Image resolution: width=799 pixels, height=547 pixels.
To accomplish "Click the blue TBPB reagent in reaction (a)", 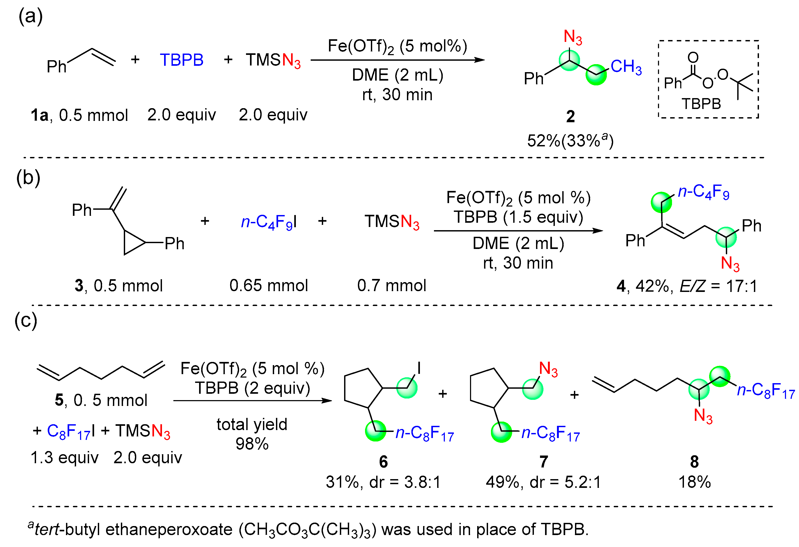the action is (x=182, y=60).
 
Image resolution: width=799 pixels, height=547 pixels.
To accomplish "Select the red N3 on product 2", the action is (x=572, y=37).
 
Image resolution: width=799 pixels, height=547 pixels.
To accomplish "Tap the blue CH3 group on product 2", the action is (x=626, y=67).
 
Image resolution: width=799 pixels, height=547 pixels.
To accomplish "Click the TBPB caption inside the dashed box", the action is (x=701, y=104).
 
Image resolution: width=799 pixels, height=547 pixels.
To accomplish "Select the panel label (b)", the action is (x=28, y=178).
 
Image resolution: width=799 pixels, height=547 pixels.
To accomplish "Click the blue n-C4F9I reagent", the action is (x=269, y=222).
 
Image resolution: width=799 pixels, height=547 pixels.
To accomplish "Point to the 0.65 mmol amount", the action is (x=269, y=285).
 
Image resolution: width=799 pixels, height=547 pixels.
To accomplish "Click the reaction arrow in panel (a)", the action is (x=397, y=60).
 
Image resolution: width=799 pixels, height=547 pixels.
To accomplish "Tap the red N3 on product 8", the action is (x=703, y=416).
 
